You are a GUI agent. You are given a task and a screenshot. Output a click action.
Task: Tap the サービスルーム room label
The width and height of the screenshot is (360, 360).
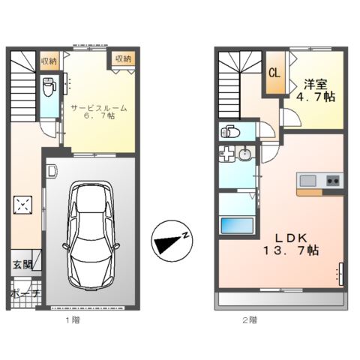tap(98, 108)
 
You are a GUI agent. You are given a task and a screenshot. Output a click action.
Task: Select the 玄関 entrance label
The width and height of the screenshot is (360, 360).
tap(22, 264)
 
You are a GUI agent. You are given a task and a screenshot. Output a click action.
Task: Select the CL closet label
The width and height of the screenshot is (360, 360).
tap(274, 73)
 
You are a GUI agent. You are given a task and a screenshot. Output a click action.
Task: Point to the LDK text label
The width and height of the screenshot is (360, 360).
tap(287, 235)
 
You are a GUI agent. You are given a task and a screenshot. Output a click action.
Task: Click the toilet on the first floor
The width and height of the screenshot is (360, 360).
tap(49, 88)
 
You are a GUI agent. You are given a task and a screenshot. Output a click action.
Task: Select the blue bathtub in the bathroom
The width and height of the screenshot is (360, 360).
tap(235, 226)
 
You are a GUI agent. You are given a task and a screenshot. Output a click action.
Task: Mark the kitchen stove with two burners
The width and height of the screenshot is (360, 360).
tap(331, 180)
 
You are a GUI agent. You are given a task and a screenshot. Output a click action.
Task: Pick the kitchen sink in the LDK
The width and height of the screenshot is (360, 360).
tap(308, 180)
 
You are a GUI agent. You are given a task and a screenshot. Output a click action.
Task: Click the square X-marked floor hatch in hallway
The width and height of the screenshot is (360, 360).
tap(24, 205)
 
